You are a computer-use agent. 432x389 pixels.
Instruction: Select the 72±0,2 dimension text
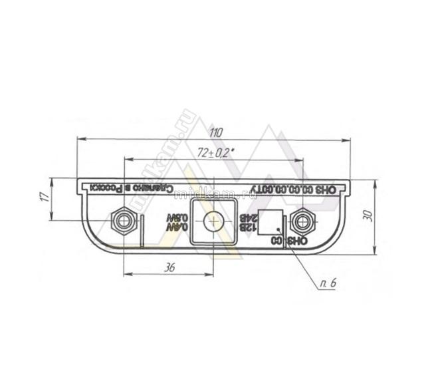tap(214, 153)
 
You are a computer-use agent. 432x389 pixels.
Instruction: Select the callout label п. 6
tap(328, 284)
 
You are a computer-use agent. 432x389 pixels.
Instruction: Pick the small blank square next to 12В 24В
tap(270, 221)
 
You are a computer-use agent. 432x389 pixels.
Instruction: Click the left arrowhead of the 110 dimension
tap(80, 139)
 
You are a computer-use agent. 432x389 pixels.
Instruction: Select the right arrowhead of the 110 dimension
tap(348, 139)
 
